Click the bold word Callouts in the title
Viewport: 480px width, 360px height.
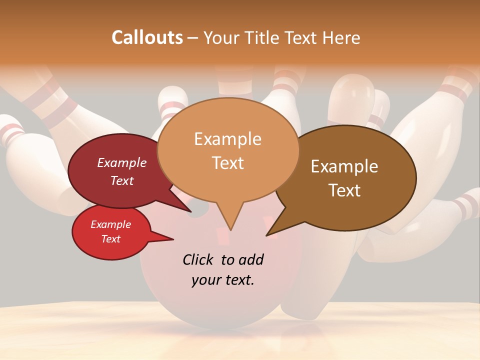coord(147,37)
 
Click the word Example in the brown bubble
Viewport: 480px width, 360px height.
coord(344,166)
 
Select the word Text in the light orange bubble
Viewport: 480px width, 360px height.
coord(228,162)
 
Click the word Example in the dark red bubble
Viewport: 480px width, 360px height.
coord(122,162)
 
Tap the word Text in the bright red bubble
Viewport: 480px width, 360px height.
coord(111,239)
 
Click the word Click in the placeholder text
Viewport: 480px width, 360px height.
coord(199,259)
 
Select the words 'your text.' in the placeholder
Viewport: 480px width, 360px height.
coord(223,280)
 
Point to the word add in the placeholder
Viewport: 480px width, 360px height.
coord(250,259)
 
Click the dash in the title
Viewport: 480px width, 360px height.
coord(193,37)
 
